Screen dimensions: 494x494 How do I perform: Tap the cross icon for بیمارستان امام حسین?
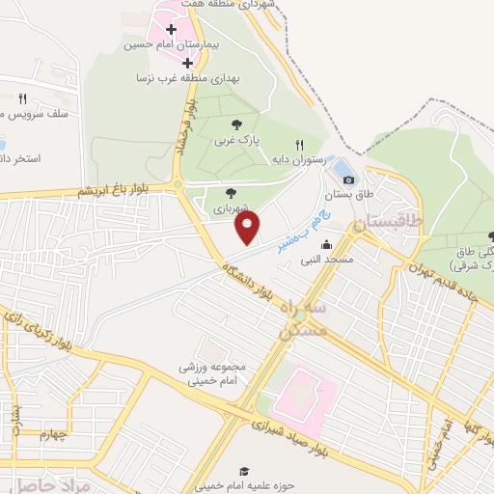(171, 30)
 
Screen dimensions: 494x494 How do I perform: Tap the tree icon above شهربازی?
(231, 193)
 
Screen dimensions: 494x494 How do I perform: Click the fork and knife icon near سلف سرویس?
(22, 98)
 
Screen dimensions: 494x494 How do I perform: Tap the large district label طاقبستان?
(389, 222)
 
